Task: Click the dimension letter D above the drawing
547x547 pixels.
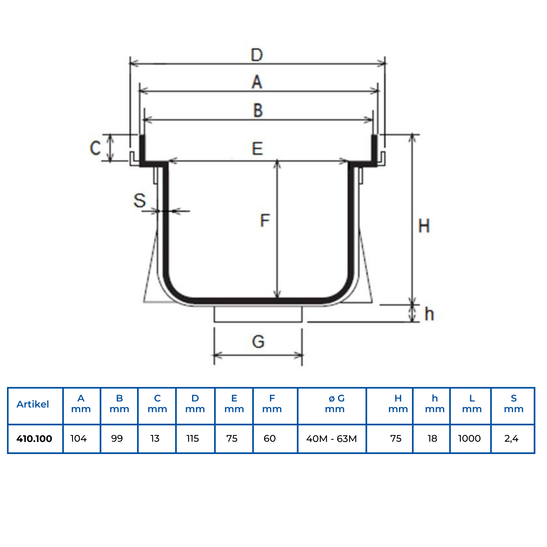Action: tap(257, 55)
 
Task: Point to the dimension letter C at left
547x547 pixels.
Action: tap(95, 148)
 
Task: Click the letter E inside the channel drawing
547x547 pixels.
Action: tap(257, 149)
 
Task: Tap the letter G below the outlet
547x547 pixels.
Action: tap(258, 341)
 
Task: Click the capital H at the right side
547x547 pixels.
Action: tap(424, 226)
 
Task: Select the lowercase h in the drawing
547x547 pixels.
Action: tap(429, 314)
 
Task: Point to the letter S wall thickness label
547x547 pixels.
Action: tap(139, 200)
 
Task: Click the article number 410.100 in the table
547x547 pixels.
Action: tap(34, 439)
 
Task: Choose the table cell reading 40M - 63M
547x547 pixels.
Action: tap(331, 439)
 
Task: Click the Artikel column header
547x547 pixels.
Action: tap(33, 404)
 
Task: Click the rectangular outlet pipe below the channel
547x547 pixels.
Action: tap(258, 314)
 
